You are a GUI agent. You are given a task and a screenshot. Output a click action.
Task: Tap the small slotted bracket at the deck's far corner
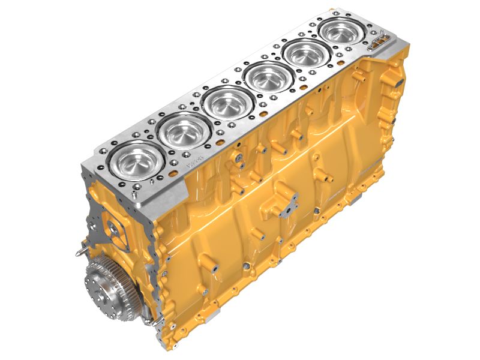click(x=379, y=41)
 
